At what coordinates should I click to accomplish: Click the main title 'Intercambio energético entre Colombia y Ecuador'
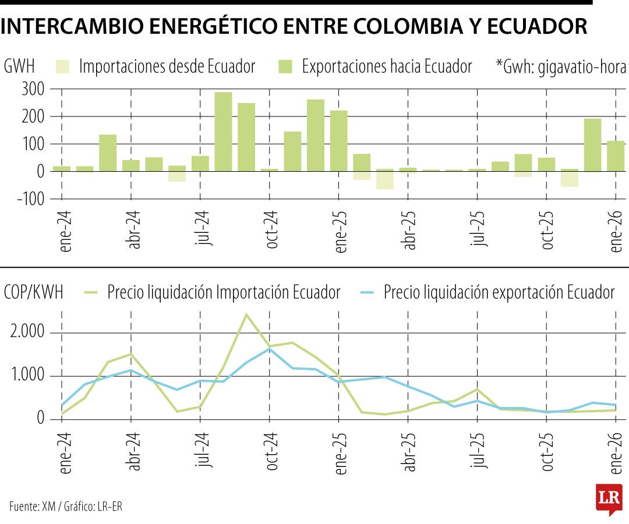click(x=294, y=27)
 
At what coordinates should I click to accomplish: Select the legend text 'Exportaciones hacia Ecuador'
click(x=387, y=66)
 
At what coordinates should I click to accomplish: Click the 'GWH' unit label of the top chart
click(x=19, y=66)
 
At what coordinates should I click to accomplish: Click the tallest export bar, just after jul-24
click(x=223, y=132)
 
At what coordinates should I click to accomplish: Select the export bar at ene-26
click(x=616, y=156)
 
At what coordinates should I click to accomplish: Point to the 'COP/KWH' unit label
click(x=33, y=292)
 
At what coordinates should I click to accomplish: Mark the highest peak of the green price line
click(x=246, y=314)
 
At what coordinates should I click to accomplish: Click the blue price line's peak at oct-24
click(x=270, y=349)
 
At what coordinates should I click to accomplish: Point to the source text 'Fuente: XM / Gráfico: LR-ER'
click(x=66, y=506)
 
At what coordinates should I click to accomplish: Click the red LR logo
click(x=609, y=498)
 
